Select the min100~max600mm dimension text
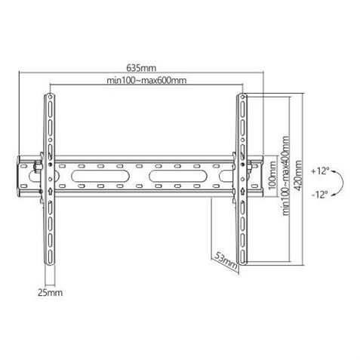click(145, 81)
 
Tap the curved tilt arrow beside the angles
click(342, 183)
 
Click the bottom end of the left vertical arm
click(49, 264)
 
